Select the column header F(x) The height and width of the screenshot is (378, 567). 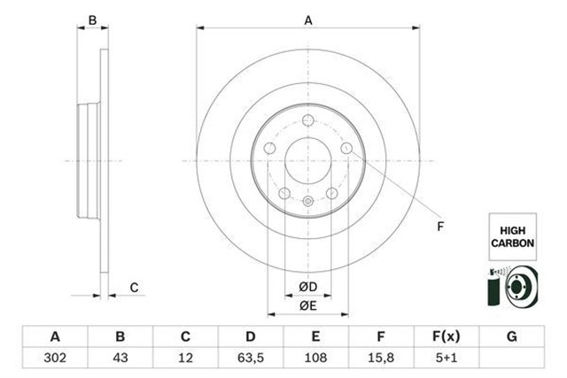point(446,336)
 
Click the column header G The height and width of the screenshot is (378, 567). point(511,336)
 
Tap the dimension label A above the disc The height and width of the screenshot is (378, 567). point(308,19)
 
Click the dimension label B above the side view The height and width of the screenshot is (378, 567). point(91,19)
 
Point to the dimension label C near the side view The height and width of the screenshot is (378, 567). point(134,286)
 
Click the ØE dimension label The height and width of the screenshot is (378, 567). point(308,305)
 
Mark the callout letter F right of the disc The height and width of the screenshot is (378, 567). point(440,227)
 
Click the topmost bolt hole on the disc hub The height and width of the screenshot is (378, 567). point(307,122)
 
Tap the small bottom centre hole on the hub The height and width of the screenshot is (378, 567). point(307,203)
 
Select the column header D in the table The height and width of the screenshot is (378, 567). point(251,336)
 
